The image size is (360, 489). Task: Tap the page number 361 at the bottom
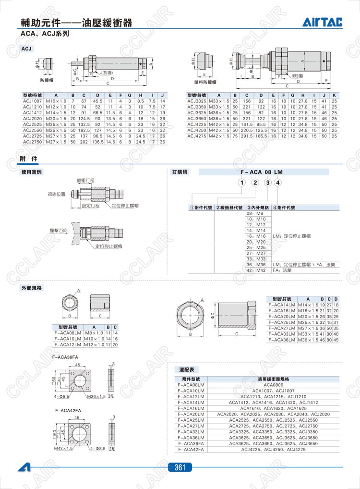tap(180, 467)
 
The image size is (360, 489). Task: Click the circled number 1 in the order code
tap(242, 182)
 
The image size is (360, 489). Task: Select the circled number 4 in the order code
tap(278, 182)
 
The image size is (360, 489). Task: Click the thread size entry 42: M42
tap(256, 270)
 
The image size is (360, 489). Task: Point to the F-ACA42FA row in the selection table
tap(191, 449)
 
